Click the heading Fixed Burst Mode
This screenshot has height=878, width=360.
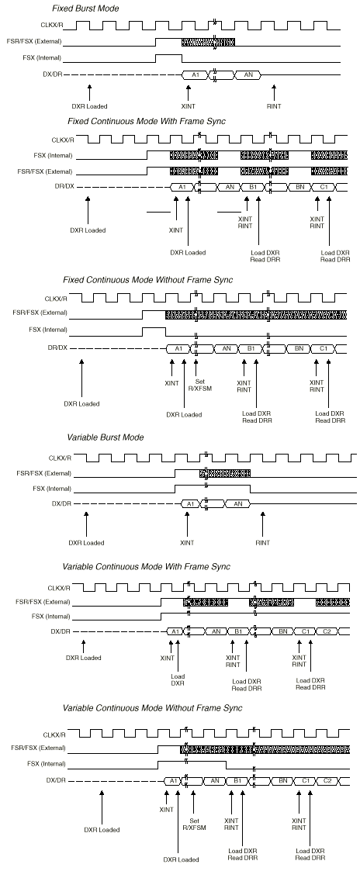(85, 9)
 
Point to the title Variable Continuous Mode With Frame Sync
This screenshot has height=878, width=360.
(146, 567)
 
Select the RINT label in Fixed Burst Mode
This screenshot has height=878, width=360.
(274, 106)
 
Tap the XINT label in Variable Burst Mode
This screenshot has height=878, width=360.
(187, 543)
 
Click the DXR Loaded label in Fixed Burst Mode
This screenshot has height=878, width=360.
(89, 106)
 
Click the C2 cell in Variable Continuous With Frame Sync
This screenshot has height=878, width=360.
(327, 631)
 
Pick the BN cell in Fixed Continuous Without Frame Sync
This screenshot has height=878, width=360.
(299, 349)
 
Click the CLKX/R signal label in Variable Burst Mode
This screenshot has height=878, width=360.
(60, 458)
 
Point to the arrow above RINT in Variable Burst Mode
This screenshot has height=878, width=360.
(262, 523)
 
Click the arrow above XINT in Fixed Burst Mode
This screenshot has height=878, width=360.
(188, 92)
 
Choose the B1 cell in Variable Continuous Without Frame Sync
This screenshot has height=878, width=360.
(237, 780)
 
